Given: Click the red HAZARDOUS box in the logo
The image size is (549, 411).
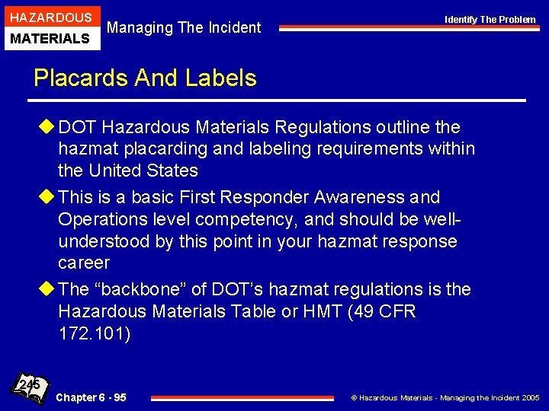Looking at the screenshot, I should pos(50,17).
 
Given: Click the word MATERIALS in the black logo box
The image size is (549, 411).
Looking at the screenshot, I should pos(50,38).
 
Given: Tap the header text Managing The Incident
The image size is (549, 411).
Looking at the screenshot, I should pos(184,28).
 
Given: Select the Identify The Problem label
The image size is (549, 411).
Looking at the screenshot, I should pos(490,20).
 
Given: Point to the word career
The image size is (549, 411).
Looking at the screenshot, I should pos(84,263).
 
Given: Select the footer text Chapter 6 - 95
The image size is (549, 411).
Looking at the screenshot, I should pos(91,397).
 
